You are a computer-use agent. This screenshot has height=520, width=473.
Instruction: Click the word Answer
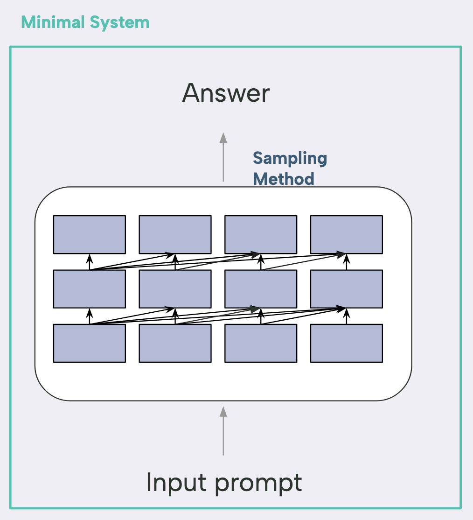226,93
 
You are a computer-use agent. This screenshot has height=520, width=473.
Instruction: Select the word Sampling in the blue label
290,159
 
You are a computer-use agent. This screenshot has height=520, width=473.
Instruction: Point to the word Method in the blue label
284,179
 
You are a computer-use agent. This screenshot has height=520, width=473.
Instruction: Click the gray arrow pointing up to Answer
223,157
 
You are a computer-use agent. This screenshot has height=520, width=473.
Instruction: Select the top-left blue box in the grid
90,234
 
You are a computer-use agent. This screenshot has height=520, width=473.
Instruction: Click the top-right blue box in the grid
347,234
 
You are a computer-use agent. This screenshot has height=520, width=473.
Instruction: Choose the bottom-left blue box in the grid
90,343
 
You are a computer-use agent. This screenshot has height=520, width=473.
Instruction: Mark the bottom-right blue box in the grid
347,343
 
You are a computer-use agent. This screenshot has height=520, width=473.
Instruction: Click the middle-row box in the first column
90,289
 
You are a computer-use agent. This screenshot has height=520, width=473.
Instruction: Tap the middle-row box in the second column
175,289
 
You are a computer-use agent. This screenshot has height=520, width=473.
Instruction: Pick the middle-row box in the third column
261,289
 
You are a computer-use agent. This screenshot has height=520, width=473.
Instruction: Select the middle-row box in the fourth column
347,289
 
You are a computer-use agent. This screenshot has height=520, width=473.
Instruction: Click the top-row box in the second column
175,234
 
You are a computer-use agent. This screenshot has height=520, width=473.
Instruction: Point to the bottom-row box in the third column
261,343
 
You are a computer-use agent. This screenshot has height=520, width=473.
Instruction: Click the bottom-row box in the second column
175,343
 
